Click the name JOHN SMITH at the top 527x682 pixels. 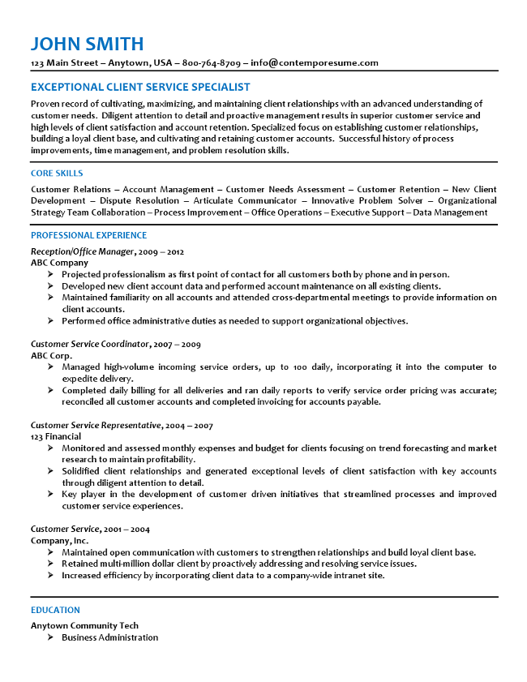point(87,44)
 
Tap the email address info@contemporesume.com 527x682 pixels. point(315,62)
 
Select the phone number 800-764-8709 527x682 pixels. point(212,62)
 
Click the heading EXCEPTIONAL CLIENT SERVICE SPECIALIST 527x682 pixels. point(140,87)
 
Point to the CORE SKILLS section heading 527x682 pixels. point(57,173)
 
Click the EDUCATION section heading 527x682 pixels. point(55,610)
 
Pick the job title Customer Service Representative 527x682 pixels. point(96,425)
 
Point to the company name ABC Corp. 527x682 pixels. point(52,355)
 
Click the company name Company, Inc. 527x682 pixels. point(60,540)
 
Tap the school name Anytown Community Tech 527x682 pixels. point(84,625)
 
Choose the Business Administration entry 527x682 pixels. point(109,637)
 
